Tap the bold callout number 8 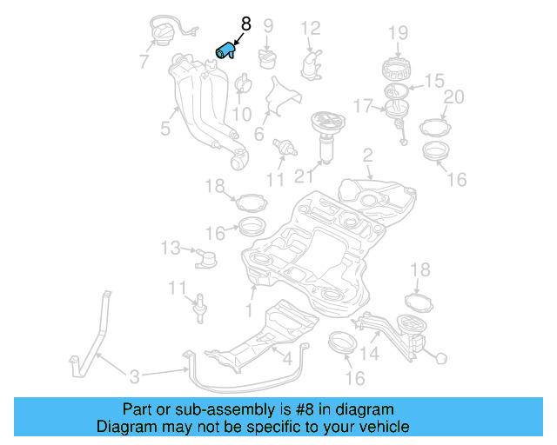click(x=245, y=25)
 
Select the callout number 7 click(x=144, y=62)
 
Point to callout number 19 click(x=398, y=34)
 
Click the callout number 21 click(x=302, y=176)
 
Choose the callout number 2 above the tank click(x=367, y=155)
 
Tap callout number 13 click(x=171, y=249)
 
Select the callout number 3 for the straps click(x=134, y=376)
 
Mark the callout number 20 click(x=453, y=96)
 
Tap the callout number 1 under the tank click(x=249, y=309)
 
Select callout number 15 click(x=433, y=82)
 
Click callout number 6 click(x=258, y=134)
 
